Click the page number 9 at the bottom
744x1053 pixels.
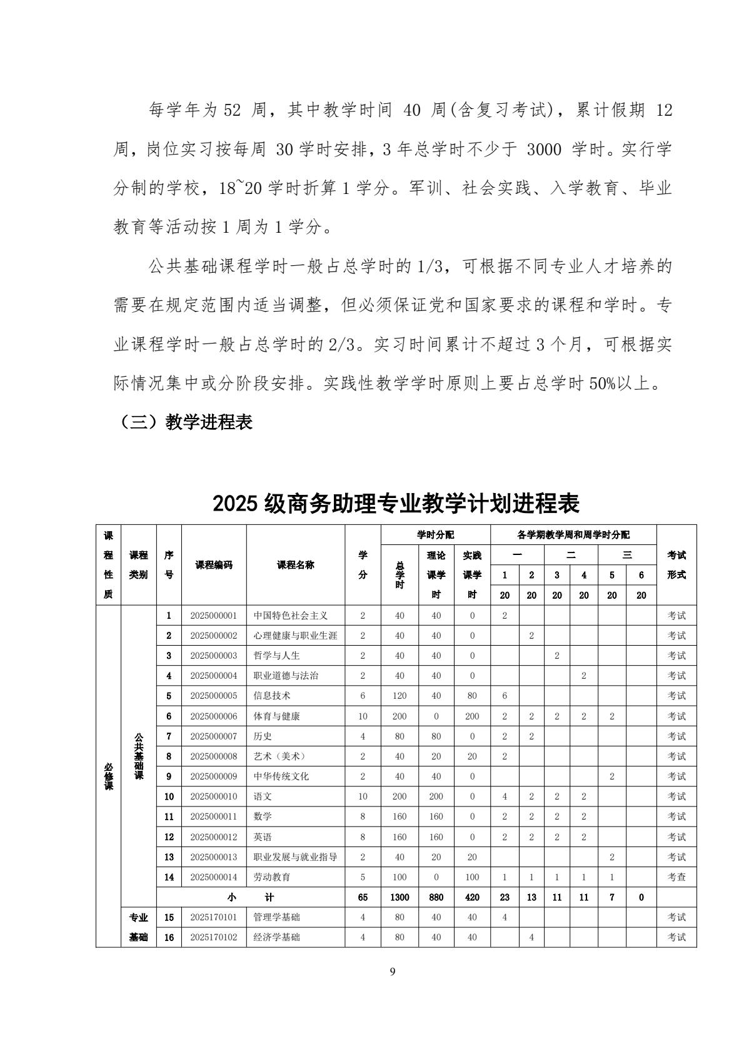pyautogui.click(x=392, y=972)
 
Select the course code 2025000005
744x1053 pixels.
pyautogui.click(x=214, y=696)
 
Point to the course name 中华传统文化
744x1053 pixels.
pyautogui.click(x=281, y=776)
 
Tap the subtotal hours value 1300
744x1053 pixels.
pyautogui.click(x=400, y=897)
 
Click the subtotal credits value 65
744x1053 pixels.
pyautogui.click(x=363, y=897)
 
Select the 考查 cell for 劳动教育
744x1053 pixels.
pyautogui.click(x=676, y=877)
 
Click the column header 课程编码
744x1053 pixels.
pyautogui.click(x=214, y=564)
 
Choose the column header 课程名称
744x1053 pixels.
pyautogui.click(x=296, y=564)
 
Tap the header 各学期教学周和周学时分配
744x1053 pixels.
pyautogui.click(x=573, y=535)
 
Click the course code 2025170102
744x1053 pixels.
pyautogui.click(x=214, y=937)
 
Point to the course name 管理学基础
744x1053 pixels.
pyautogui.click(x=276, y=917)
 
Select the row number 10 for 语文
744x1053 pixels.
pyautogui.click(x=169, y=796)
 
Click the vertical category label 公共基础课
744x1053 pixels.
pyautogui.click(x=139, y=756)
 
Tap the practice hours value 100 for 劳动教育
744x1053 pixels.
pyautogui.click(x=472, y=877)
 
